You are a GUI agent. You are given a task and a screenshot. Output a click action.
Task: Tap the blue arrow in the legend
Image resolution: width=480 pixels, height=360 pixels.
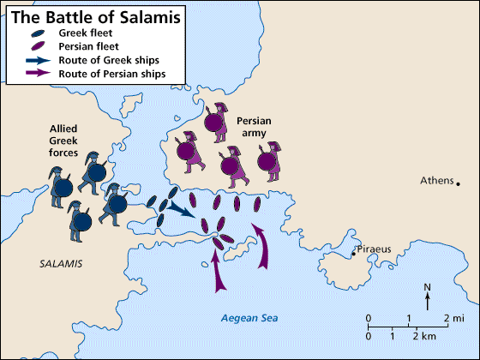[39, 61]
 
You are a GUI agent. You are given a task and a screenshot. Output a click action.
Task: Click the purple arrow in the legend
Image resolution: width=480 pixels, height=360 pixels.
[39, 75]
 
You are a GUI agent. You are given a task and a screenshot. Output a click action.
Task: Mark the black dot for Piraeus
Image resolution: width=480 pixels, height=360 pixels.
[353, 254]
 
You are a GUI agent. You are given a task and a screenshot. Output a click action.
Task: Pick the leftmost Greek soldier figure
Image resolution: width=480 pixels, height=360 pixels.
[59, 188]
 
